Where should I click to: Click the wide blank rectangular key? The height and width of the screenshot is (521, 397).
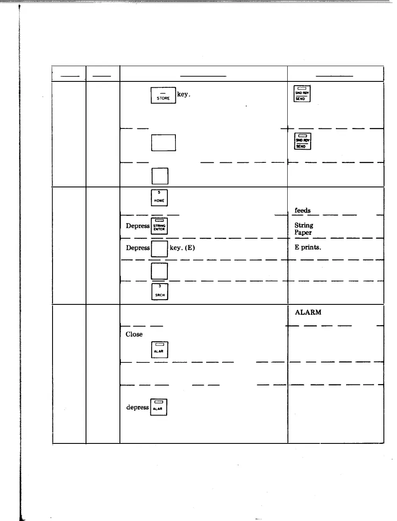pos(163,142)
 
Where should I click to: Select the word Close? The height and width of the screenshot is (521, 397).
pos(134,334)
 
